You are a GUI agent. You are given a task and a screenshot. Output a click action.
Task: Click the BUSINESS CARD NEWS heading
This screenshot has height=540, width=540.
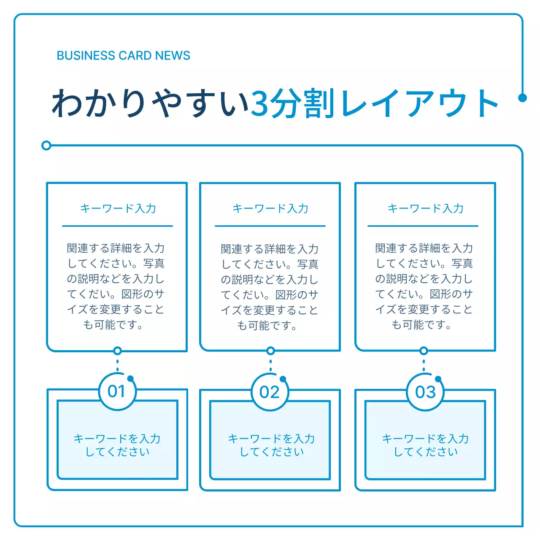[x=123, y=56]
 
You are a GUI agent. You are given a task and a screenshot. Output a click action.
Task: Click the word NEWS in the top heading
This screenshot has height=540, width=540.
[x=173, y=56]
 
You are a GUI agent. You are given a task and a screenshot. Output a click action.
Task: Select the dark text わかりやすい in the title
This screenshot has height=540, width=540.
[x=150, y=103]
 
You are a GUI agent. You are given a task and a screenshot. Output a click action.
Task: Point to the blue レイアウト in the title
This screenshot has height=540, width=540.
[x=419, y=103]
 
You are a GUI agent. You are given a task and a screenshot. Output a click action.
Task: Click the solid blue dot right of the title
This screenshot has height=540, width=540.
[x=522, y=98]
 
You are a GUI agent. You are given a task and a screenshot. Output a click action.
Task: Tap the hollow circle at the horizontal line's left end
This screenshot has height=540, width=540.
[x=46, y=146]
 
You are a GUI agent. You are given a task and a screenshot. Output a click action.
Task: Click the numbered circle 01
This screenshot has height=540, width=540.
[x=117, y=391]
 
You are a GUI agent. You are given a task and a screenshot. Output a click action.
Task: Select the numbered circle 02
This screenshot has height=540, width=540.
[x=270, y=392]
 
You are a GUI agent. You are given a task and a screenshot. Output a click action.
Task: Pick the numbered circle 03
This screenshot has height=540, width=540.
[x=425, y=392]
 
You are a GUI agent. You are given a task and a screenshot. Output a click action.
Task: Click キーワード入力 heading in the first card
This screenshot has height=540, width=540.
[x=118, y=208]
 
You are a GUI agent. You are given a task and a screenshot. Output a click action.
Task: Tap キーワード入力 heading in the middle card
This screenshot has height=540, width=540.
[x=270, y=208]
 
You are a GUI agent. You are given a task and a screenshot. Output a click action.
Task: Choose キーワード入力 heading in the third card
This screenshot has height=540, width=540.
[x=425, y=208]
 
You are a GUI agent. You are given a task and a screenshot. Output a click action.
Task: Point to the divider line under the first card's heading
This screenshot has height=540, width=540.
[x=117, y=226]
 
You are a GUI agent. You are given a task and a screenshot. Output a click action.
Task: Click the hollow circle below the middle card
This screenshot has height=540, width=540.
[x=270, y=351]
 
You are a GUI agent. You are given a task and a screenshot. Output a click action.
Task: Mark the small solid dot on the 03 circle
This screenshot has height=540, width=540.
[x=438, y=379]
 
